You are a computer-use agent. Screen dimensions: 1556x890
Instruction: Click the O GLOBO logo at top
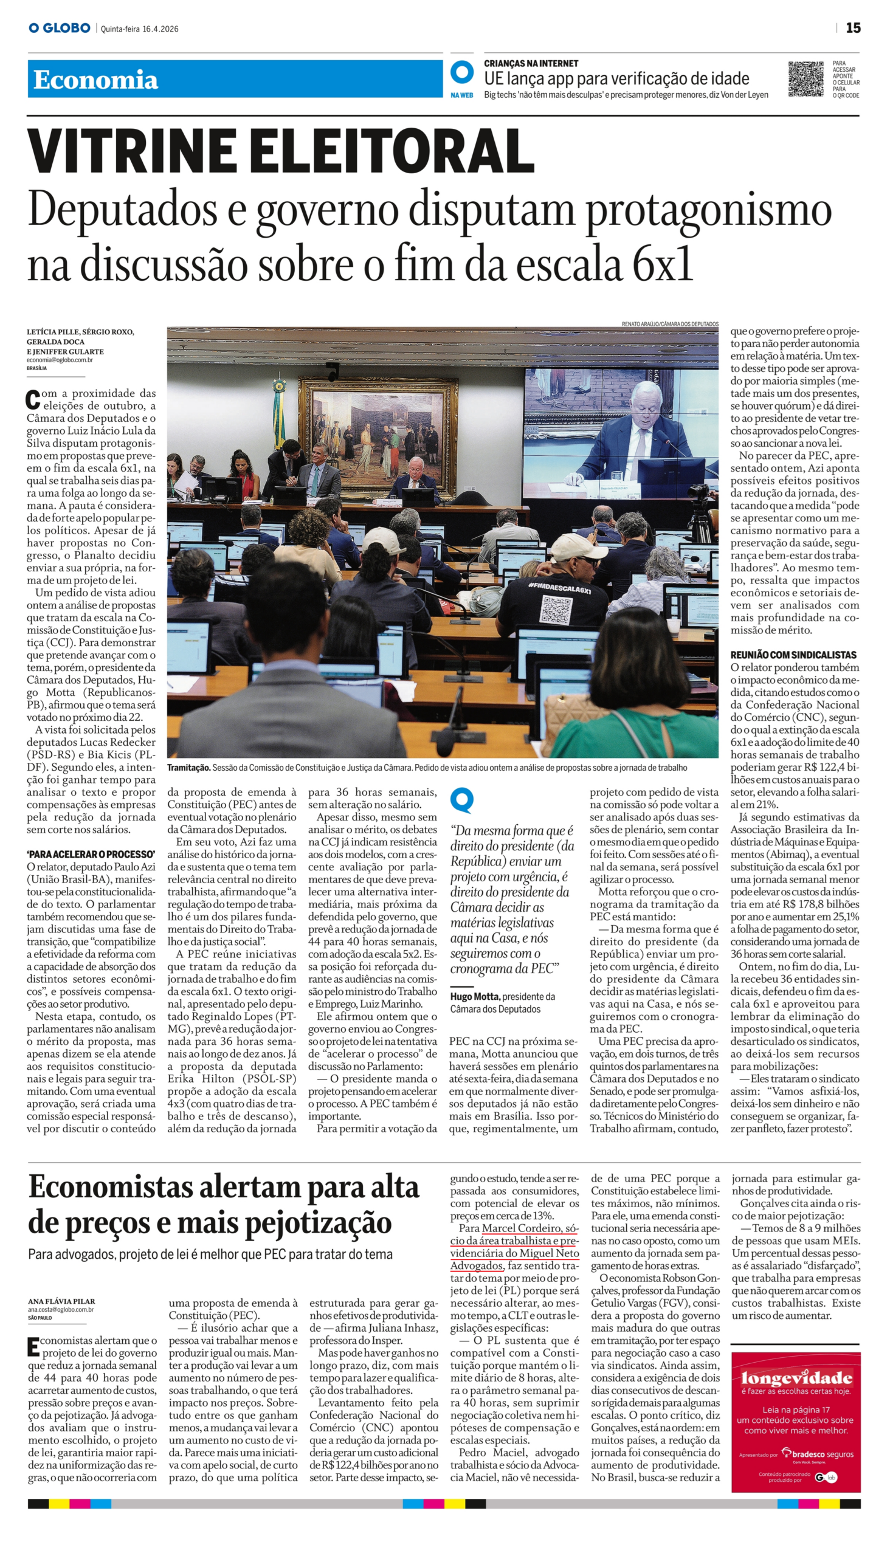60,28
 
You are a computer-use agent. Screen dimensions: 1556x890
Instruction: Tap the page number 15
853,28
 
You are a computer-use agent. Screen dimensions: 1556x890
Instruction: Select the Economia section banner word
96,80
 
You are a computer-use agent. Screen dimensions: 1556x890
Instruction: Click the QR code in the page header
806,79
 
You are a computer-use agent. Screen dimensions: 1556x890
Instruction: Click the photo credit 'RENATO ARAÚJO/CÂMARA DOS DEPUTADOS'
669,324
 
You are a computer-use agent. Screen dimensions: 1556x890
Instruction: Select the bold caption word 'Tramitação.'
189,768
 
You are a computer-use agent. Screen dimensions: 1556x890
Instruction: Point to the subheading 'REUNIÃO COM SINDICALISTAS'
793,655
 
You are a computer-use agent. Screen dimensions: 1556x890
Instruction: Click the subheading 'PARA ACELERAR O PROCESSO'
91,854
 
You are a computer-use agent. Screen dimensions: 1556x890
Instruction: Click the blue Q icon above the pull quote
461,800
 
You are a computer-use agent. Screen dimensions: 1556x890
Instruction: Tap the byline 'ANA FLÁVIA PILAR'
61,1301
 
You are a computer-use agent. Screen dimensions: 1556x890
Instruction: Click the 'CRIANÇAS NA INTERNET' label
531,64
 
